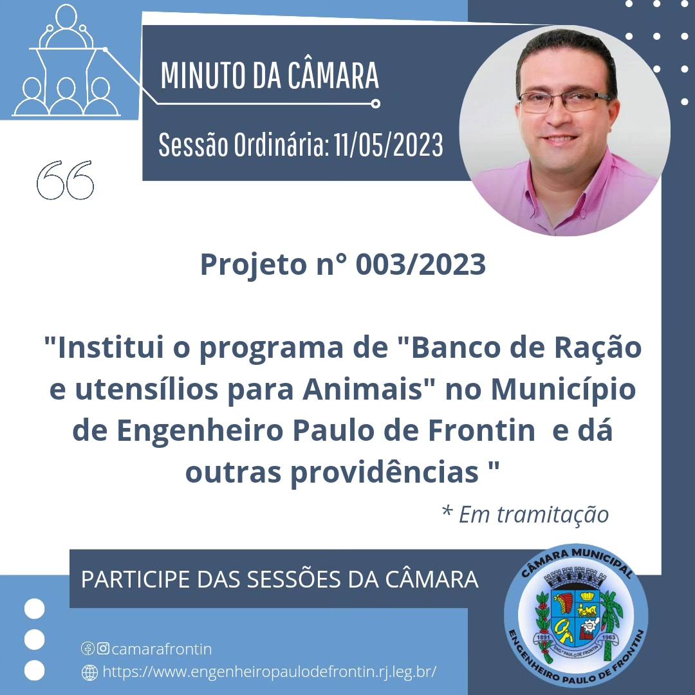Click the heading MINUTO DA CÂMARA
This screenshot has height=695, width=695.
point(270,75)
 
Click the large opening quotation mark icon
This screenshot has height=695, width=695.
point(65,180)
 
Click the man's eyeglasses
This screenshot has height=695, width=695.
point(564,99)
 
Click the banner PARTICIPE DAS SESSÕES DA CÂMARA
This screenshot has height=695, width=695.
point(280,579)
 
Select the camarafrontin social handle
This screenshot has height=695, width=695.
point(162,649)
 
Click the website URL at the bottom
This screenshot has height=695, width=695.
point(270,672)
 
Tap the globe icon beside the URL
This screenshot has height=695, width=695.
point(90,672)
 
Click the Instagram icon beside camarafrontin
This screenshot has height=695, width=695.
point(102,649)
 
